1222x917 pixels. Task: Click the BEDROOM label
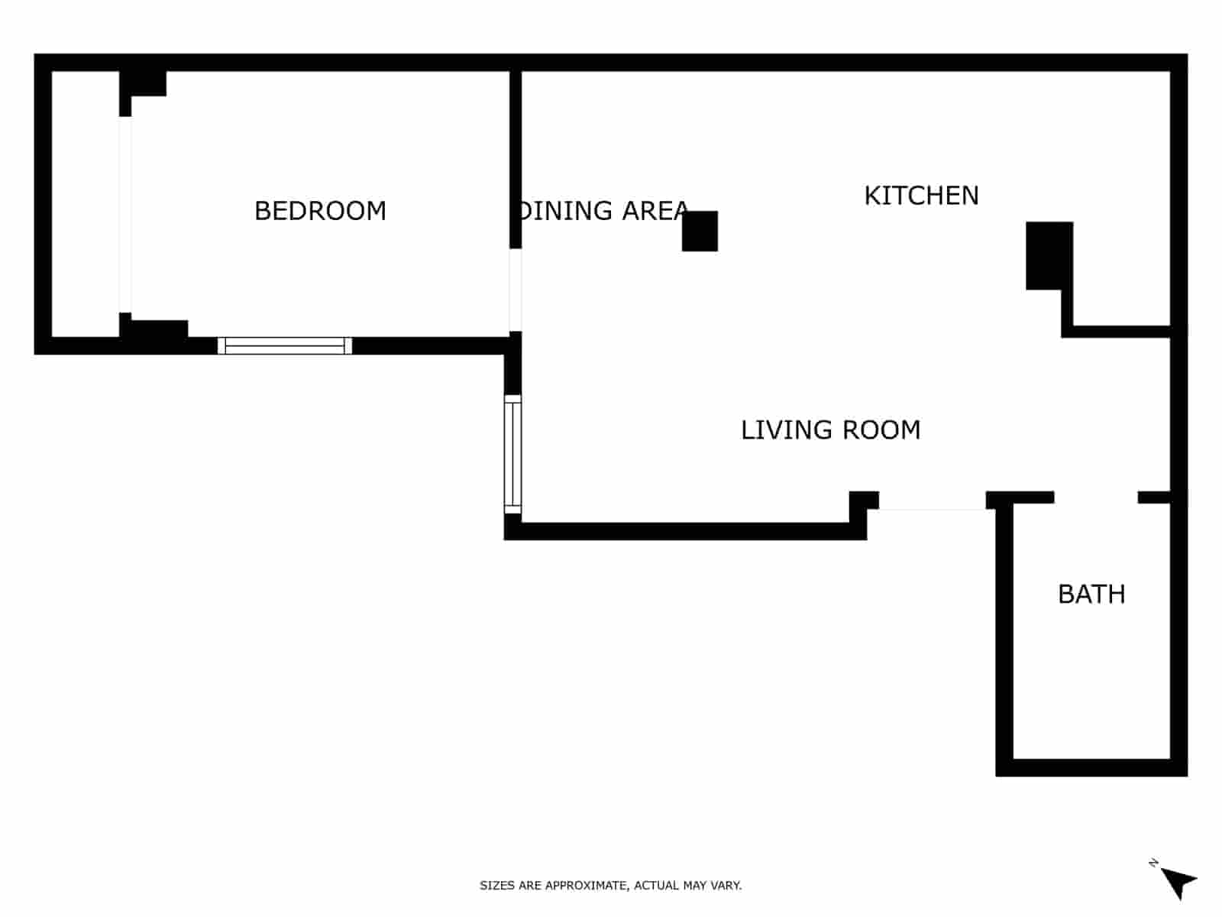(320, 211)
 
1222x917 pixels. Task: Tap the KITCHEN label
(921, 196)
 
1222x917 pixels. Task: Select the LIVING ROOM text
(830, 430)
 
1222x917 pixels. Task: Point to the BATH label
(1091, 595)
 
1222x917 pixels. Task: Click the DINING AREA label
(603, 211)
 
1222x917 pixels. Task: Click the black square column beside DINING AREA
(700, 231)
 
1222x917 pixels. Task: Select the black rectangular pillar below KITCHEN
(1048, 255)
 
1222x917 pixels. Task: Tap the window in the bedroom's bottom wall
(285, 346)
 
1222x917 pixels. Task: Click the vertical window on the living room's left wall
(512, 454)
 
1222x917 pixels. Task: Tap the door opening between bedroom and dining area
(516, 290)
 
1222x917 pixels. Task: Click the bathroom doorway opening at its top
(1096, 497)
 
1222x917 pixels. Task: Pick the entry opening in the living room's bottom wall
(932, 501)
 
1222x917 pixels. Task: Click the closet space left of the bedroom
(85, 204)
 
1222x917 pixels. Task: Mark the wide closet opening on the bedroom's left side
(125, 214)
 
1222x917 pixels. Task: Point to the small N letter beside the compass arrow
(1153, 863)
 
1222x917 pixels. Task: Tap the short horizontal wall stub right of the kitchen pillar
(1119, 332)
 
